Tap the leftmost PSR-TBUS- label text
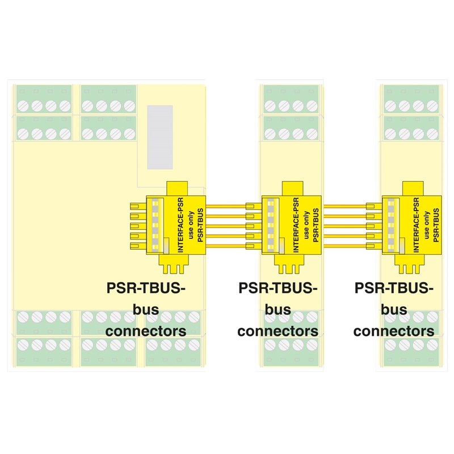tap(146, 288)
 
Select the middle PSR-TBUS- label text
tap(278, 288)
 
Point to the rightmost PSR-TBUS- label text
tap(394, 288)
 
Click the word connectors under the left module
tap(146, 330)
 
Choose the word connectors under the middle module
tap(278, 330)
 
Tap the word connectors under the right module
tap(394, 330)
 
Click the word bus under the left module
tap(146, 310)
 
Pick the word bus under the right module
tap(394, 310)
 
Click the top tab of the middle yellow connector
tap(291, 188)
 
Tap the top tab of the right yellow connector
tap(412, 188)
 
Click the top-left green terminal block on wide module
tap(44, 99)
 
